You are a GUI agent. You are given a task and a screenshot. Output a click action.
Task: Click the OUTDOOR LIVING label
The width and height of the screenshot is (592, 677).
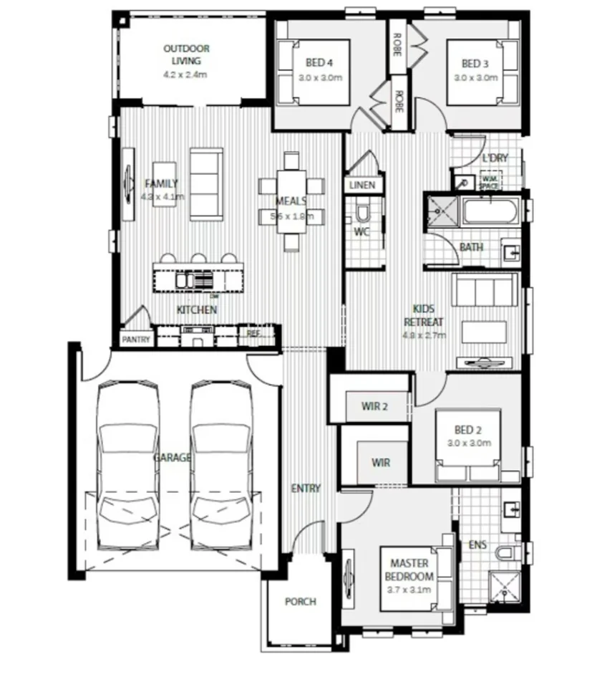click(186, 54)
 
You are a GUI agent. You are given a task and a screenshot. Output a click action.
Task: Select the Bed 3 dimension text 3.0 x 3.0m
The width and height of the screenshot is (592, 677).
click(475, 78)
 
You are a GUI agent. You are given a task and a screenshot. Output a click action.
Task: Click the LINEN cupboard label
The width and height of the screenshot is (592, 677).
click(362, 186)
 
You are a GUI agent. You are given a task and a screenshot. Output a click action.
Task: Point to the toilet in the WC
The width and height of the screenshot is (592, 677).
click(361, 213)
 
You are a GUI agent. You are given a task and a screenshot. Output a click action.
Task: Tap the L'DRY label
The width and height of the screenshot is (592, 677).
click(494, 158)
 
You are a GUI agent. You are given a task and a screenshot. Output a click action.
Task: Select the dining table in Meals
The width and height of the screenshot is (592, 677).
click(291, 201)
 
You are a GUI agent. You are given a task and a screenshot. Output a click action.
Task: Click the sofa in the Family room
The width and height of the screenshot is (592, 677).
click(205, 182)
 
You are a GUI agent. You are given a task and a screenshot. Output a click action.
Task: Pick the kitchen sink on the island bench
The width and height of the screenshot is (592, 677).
click(185, 280)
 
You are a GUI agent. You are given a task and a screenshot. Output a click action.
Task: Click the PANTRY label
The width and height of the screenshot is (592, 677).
click(135, 339)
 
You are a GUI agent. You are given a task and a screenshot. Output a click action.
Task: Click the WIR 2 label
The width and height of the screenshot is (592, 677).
click(374, 407)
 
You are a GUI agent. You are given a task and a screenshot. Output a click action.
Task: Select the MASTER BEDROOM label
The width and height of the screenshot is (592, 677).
click(409, 570)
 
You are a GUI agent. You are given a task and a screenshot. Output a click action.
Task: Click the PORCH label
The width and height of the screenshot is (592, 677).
click(300, 602)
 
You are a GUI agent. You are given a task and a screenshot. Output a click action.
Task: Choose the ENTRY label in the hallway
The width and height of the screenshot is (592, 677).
click(306, 489)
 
